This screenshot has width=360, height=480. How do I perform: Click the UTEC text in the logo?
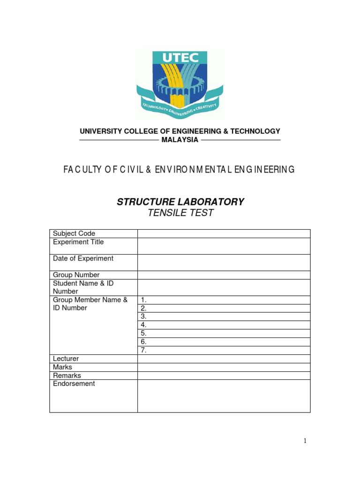[x=180, y=58]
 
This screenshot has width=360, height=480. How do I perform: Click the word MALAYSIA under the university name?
[x=180, y=140]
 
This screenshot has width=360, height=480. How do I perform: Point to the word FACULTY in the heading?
[x=83, y=170]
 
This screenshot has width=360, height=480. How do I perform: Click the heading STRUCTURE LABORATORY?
[x=180, y=202]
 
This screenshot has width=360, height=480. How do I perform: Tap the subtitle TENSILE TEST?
[x=180, y=213]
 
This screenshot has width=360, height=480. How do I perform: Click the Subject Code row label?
[x=74, y=233]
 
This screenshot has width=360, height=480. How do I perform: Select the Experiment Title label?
[x=78, y=242]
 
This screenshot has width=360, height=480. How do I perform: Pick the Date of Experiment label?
[x=83, y=258]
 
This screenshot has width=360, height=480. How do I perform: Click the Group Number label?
[x=76, y=275]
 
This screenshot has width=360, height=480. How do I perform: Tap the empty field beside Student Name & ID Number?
[x=224, y=287]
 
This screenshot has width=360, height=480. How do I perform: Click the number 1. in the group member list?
[x=144, y=300]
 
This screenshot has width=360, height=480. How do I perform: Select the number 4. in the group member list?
[x=144, y=325]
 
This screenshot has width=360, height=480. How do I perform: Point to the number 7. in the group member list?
[x=144, y=350]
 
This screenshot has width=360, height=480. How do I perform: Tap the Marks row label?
[x=62, y=367]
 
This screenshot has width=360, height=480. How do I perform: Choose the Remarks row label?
[x=67, y=375]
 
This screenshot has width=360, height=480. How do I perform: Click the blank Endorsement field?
[x=224, y=396]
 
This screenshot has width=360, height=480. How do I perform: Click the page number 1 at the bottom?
[x=305, y=441]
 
